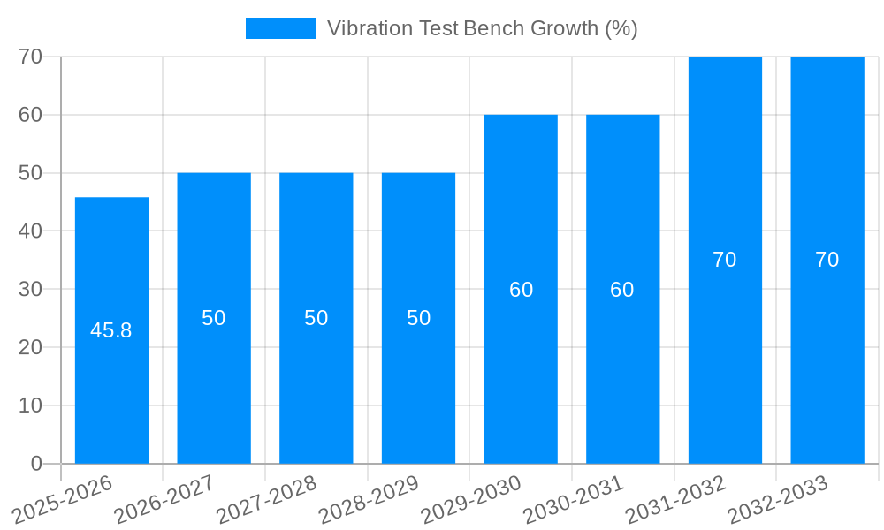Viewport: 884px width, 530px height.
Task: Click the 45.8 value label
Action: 111,330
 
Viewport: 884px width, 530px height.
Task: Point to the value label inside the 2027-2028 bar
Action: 316,318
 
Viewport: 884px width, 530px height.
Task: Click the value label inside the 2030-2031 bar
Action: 622,290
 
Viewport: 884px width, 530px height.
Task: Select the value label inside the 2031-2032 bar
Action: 725,260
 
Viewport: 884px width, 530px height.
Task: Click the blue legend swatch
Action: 280,28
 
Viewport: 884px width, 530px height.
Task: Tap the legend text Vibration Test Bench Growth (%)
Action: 483,28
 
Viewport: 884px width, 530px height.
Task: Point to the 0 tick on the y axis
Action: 36,464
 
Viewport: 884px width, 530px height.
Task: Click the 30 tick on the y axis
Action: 31,289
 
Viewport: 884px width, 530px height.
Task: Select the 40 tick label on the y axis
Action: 31,231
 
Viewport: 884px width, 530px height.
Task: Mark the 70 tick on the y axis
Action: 31,57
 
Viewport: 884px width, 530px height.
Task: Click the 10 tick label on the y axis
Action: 31,405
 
